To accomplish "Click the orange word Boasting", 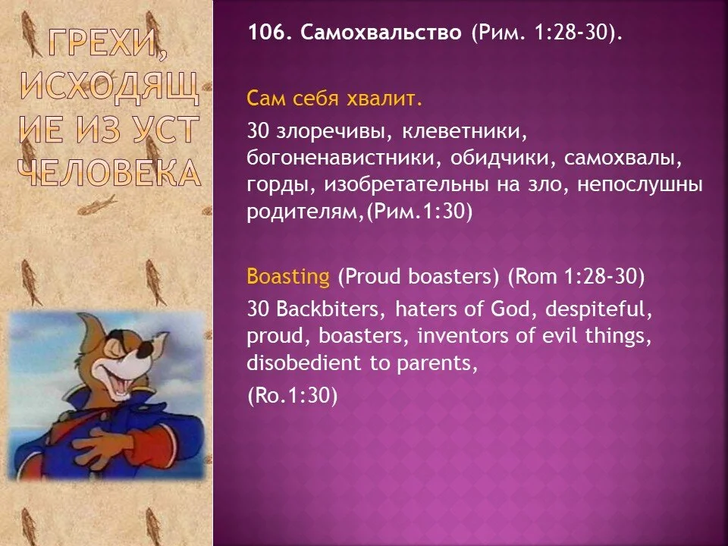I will [288, 277].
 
